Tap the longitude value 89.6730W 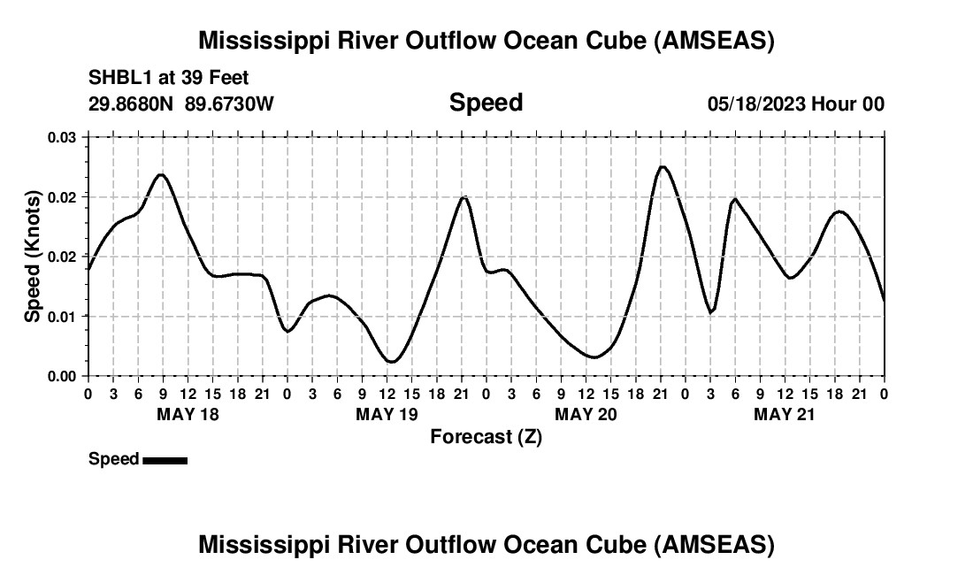[229, 103]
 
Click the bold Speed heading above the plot [486, 103]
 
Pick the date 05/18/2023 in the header [755, 103]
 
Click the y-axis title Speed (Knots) [33, 257]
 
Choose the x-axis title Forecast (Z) [486, 437]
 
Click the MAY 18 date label [188, 414]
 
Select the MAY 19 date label [387, 414]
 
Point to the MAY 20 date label [586, 414]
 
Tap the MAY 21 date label [785, 414]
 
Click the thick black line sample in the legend [165, 460]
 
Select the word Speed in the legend [114, 459]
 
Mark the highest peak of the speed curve [663, 166]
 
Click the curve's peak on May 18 [161, 174]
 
